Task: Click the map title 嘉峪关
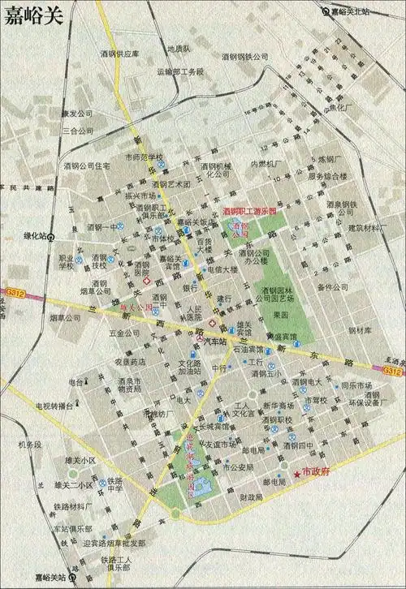(34, 18)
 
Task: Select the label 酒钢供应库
(120, 54)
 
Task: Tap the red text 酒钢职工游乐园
(249, 211)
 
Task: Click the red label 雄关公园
(136, 308)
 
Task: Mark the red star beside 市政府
(297, 473)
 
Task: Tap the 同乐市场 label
(356, 385)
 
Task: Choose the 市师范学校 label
(143, 157)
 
